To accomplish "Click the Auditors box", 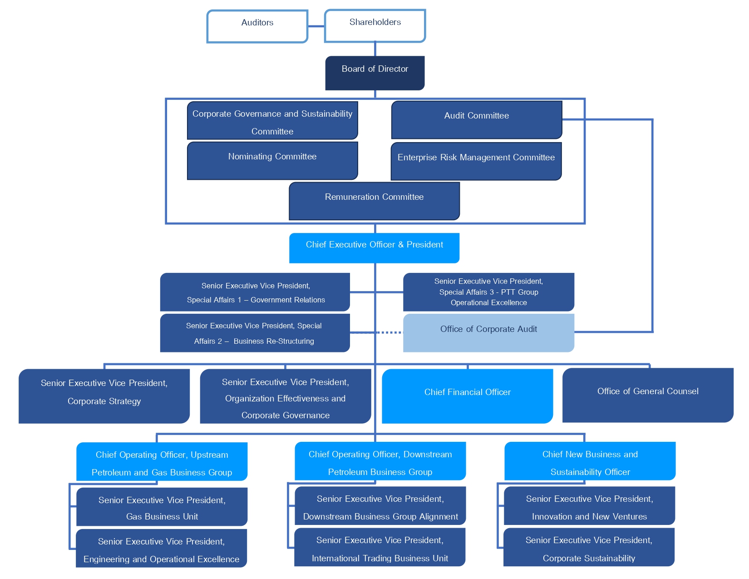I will pos(257,26).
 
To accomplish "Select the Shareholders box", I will pos(375,26).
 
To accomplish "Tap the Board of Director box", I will pos(374,73).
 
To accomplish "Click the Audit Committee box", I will pos(476,120).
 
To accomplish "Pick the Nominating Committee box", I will pos(272,161).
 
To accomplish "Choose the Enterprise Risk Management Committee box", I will pos(476,162).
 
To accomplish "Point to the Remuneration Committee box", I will pos(374,201).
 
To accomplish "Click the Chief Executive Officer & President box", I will pos(374,248).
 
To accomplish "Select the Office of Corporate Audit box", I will pos(488,333).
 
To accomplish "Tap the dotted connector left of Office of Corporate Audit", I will pos(389,332).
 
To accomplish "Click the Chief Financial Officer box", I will pos(467,396).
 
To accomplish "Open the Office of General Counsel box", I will pos(647,395).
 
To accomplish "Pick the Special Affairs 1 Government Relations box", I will pos(255,292).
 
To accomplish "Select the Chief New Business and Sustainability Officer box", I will pos(590,461).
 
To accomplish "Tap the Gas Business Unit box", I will pos(162,507).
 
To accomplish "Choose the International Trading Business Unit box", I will pos(379,547).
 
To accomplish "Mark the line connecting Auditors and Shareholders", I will pos(316,26).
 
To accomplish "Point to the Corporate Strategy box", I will pos(104,396).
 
